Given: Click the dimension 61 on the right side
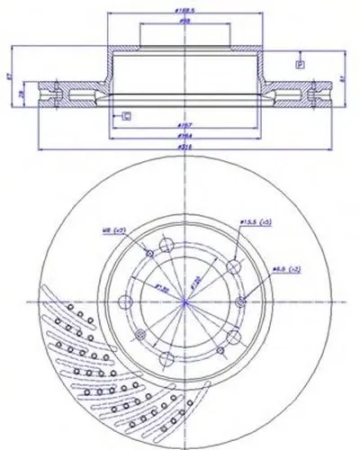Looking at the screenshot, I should tap(343, 78).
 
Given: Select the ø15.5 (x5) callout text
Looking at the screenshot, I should tap(255, 221).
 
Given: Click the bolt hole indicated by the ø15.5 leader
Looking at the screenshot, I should tap(234, 266).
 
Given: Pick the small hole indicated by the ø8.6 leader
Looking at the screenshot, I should tap(240, 302).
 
